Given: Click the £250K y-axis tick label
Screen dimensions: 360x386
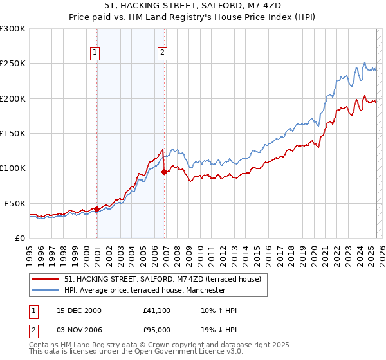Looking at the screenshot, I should pos(13,64).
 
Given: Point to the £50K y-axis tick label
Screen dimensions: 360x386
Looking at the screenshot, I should pos(15,203).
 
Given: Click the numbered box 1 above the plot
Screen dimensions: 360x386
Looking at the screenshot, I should pos(95,53).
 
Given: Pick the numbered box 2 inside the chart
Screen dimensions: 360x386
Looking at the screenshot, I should pos(162,53).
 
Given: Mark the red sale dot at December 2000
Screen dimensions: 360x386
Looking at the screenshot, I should pos(96,209).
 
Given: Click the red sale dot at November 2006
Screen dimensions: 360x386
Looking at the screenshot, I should pos(164,172).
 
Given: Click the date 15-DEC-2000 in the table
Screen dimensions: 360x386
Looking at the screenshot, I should pos(79,310).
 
